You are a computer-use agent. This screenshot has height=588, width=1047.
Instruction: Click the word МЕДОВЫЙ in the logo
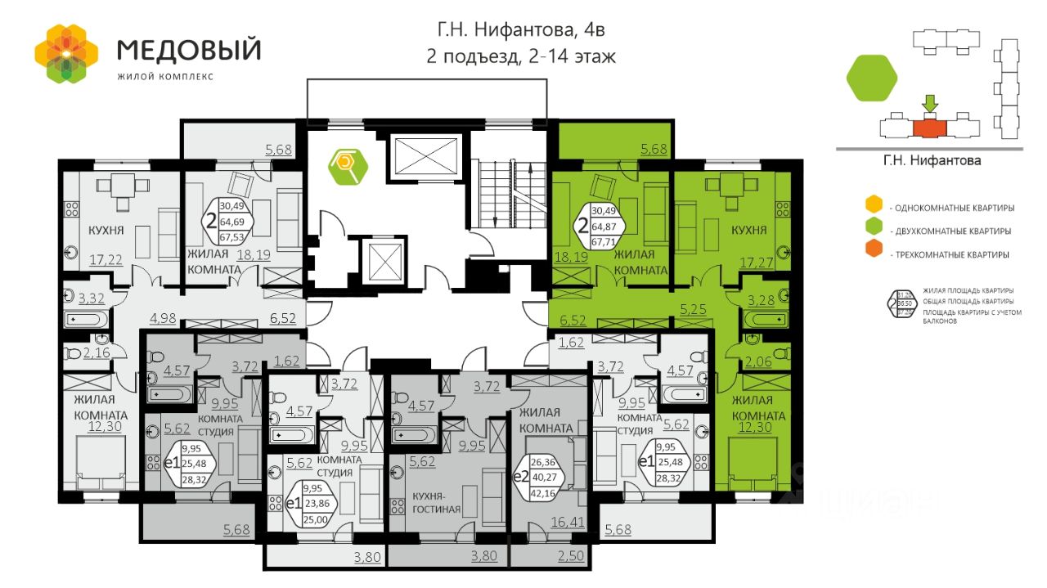[189, 50]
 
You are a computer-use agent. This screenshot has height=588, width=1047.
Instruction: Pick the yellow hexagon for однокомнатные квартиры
[874, 204]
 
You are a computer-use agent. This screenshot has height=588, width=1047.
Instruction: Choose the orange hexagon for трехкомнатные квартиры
[874, 254]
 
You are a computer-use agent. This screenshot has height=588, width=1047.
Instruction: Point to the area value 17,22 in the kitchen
[106, 261]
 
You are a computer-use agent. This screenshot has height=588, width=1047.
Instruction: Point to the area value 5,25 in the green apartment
[693, 309]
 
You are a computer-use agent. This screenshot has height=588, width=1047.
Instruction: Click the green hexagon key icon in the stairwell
[348, 164]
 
